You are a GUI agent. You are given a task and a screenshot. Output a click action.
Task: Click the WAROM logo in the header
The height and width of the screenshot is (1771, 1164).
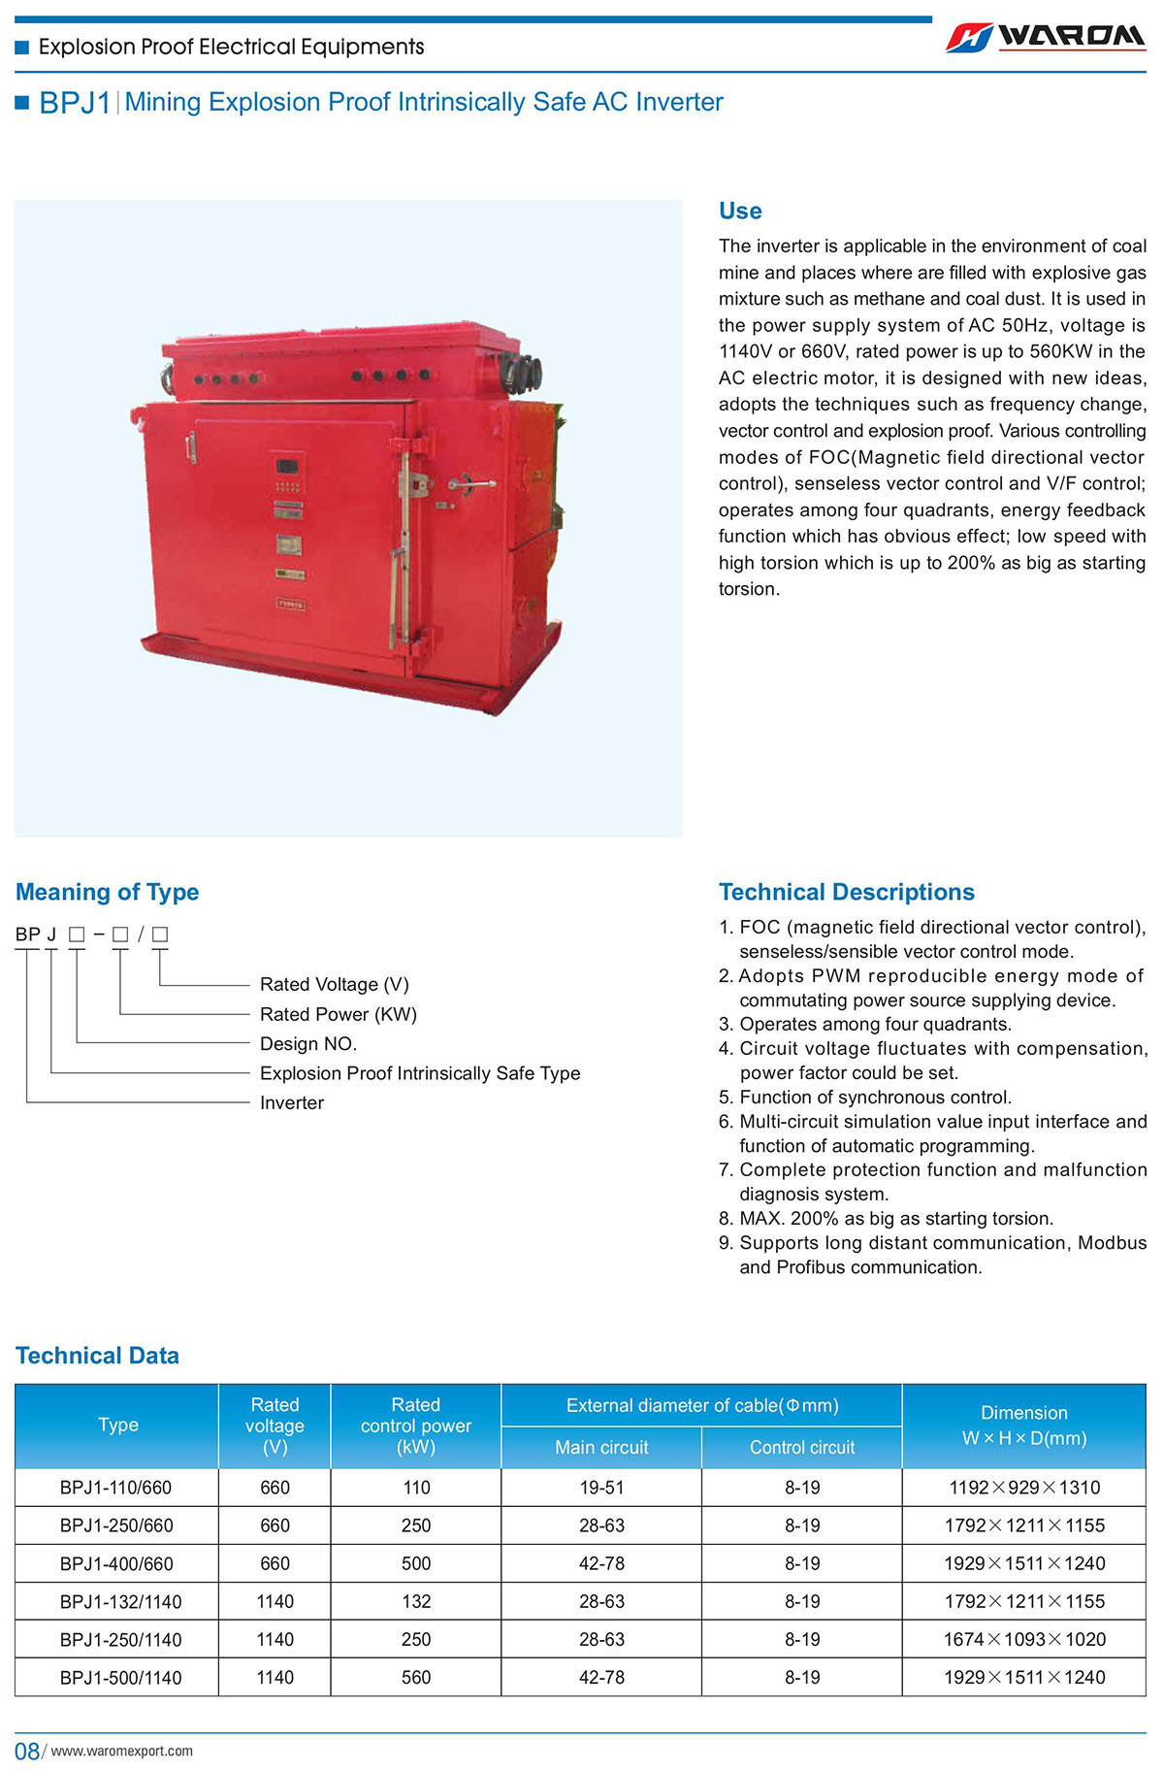(x=1046, y=37)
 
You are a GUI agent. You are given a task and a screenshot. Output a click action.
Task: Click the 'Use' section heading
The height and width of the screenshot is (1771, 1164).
(x=740, y=211)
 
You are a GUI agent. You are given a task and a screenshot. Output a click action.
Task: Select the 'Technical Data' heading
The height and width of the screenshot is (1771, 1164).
(x=97, y=1356)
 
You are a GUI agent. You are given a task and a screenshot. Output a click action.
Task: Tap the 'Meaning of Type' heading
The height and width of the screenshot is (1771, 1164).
(x=107, y=892)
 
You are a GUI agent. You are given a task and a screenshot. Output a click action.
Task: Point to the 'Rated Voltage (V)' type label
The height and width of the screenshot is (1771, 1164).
(x=335, y=984)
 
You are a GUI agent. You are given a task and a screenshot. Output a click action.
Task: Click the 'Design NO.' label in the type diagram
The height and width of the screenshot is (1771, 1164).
(x=308, y=1043)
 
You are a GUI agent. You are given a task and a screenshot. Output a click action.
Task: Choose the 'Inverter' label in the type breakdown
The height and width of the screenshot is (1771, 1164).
(x=292, y=1102)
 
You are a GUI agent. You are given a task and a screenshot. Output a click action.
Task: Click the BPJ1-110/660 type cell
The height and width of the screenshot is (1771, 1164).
(x=115, y=1487)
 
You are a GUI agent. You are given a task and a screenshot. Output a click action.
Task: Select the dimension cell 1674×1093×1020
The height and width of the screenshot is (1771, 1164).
(x=1024, y=1639)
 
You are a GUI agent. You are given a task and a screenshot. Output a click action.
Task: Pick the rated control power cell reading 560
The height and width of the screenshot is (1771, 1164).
(x=416, y=1677)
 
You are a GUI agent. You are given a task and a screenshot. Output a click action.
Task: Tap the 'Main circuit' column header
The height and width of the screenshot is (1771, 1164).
(x=601, y=1447)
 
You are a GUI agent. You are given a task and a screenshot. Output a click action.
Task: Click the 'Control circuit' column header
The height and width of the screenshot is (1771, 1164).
(x=802, y=1447)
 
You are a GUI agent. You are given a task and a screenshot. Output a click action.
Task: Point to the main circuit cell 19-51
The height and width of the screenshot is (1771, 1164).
(x=601, y=1487)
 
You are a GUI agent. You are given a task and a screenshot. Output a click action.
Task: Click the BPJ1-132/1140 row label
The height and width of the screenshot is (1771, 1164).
(x=120, y=1601)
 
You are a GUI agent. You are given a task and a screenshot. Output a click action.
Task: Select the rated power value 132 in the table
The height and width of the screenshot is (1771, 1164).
(x=416, y=1601)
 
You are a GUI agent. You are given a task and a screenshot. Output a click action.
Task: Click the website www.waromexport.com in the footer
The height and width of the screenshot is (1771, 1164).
(x=121, y=1751)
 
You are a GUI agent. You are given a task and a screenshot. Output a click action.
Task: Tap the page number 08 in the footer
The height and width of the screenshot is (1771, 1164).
(x=26, y=1751)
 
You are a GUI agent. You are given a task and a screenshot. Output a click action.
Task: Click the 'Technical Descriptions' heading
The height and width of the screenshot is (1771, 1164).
(x=846, y=892)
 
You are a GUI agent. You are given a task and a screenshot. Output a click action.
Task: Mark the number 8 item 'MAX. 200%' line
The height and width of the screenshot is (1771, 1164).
(x=895, y=1218)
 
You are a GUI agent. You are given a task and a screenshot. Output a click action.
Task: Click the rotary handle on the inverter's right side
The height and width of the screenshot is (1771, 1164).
(x=469, y=482)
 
